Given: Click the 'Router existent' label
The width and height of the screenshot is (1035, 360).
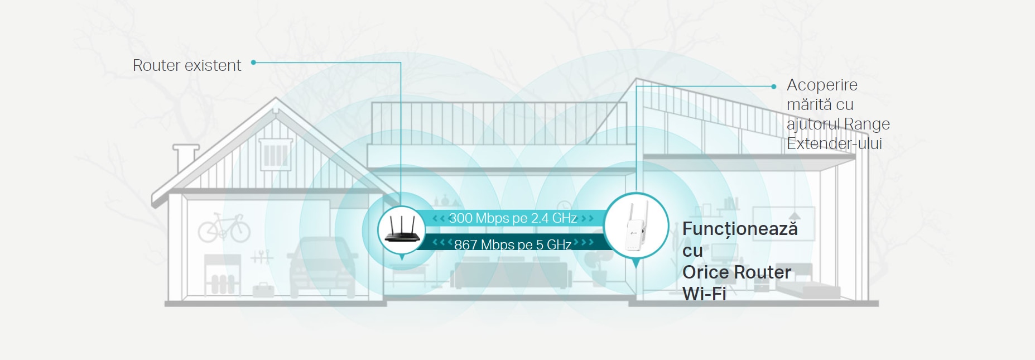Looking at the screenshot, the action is point(187,65).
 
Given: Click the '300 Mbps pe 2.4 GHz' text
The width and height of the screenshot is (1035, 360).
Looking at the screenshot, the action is point(513,218).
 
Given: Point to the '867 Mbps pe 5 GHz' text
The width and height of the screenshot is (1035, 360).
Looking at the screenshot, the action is point(513,244).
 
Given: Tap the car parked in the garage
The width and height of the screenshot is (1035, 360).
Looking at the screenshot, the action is point(322,267).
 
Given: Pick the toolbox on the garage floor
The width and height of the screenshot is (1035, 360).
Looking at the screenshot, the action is point(263,289).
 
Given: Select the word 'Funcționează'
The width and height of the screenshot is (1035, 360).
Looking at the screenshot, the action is point(740,229).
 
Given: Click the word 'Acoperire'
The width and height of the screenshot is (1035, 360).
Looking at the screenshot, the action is point(822,85).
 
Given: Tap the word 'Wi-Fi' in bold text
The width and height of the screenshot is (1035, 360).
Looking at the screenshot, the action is point(704,294).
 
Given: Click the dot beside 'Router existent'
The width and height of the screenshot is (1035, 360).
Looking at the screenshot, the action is point(253,63).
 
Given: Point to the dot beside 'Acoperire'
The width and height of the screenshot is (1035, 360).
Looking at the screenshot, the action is point(773,87).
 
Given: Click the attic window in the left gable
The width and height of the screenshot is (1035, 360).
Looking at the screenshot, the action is point(275,153).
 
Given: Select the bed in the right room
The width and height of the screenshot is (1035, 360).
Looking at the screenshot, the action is point(807,285).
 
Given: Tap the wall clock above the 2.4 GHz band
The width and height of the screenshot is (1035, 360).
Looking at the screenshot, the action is point(564,206).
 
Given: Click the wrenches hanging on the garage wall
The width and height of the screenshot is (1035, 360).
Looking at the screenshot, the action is point(262,257).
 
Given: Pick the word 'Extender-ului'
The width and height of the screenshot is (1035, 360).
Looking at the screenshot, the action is point(834,143).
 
